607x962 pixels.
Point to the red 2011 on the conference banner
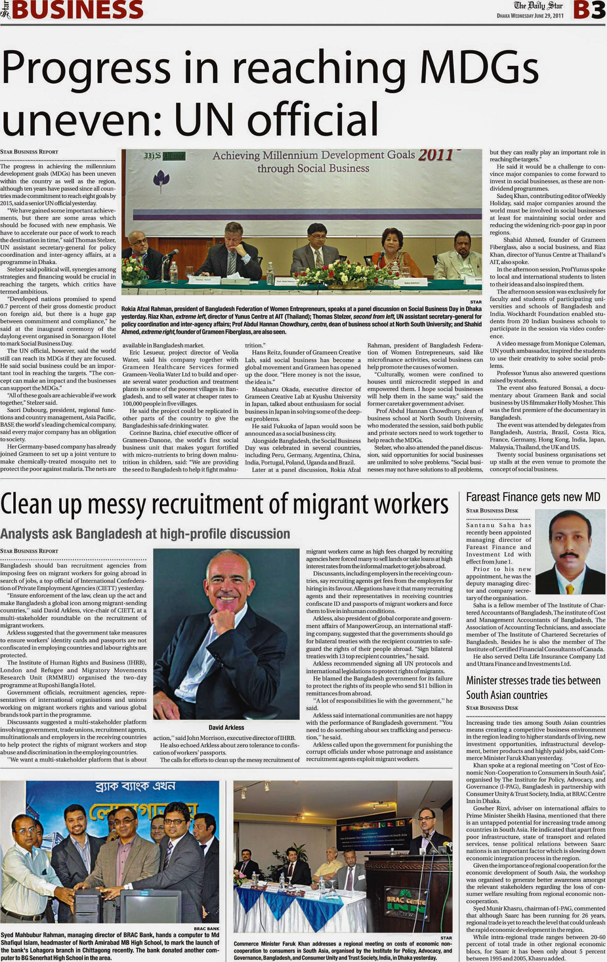[x=435, y=155]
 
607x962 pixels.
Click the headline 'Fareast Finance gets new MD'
[x=533, y=497]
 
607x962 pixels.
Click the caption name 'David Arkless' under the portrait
[x=226, y=727]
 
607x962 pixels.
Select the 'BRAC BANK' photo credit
[x=206, y=929]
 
